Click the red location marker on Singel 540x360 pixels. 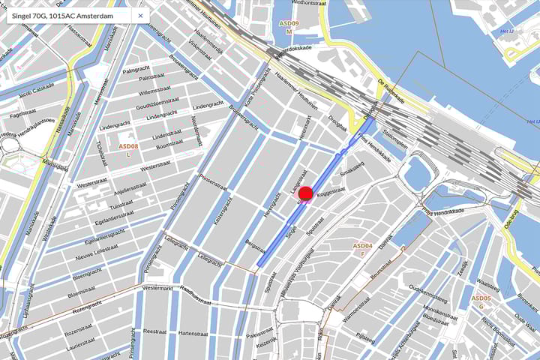point(305,196)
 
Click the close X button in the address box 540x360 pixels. point(139,15)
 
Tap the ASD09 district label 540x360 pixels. point(289,24)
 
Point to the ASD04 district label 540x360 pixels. point(362,246)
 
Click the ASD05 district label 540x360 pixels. point(481,298)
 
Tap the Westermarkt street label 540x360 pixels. point(157,287)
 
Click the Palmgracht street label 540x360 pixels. point(136,70)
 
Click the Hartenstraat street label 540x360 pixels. point(193,333)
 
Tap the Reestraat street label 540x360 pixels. point(154,330)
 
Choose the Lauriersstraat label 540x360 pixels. point(81,346)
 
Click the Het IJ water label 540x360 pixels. point(507,31)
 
